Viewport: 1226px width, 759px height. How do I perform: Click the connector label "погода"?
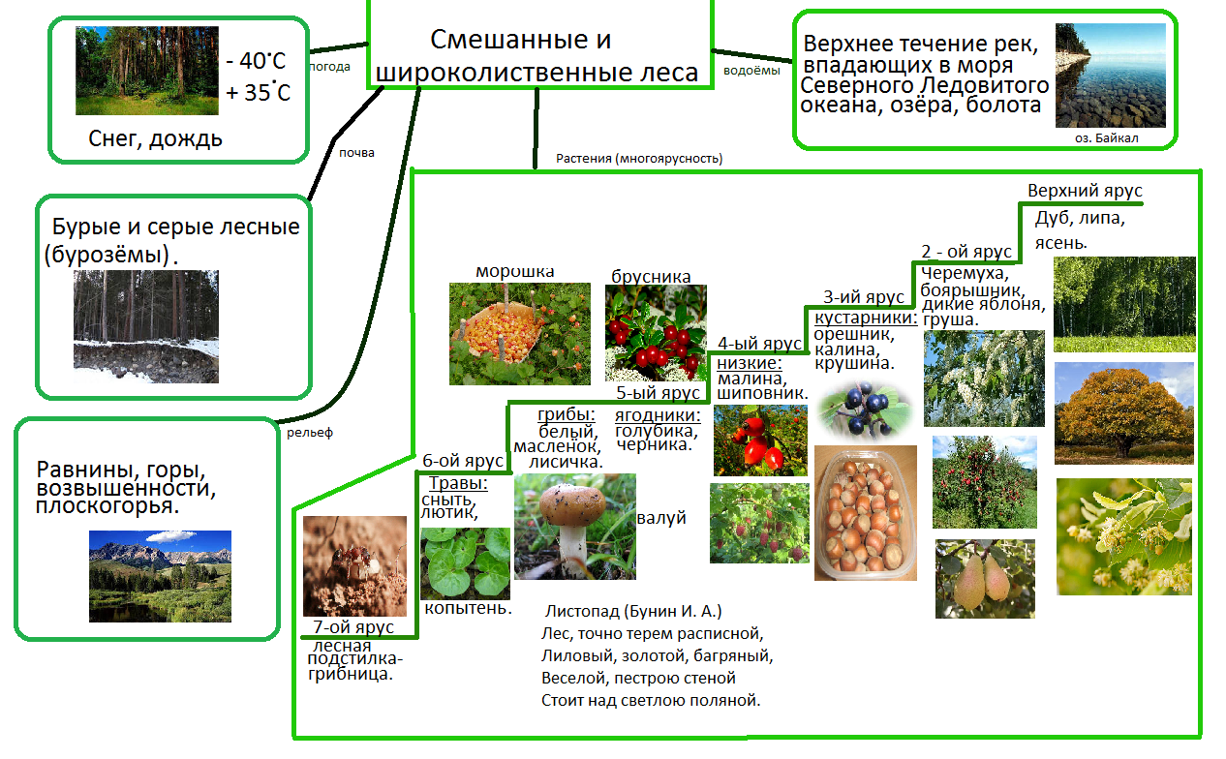point(329,68)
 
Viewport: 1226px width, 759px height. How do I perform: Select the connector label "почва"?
point(356,152)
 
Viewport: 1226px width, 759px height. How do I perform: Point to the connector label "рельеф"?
point(310,433)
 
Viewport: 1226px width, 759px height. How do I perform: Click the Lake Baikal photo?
point(1110,76)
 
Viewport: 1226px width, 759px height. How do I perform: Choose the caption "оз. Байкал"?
point(1107,138)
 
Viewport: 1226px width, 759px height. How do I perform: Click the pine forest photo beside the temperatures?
point(147,71)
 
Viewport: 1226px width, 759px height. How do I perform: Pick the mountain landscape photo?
point(160,576)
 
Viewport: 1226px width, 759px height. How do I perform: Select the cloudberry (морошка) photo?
point(519,333)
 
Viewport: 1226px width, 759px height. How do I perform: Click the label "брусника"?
point(651,277)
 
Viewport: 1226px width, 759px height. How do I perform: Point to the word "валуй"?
point(661,518)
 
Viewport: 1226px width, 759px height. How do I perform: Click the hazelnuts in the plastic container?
point(865,513)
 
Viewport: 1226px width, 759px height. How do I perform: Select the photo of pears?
point(984,578)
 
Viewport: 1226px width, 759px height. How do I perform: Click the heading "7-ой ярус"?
point(353,627)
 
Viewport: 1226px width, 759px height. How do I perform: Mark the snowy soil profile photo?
point(146,326)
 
